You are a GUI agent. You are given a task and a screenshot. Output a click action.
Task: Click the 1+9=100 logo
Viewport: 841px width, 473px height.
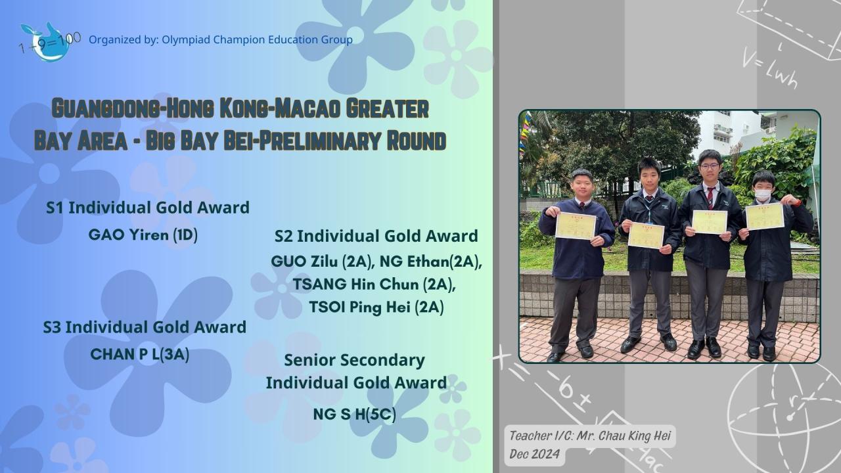pyautogui.click(x=49, y=42)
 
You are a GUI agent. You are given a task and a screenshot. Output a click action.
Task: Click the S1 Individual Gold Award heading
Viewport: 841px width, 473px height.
pyautogui.click(x=148, y=208)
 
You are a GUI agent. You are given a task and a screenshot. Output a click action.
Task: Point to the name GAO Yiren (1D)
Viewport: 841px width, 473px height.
pyautogui.click(x=143, y=235)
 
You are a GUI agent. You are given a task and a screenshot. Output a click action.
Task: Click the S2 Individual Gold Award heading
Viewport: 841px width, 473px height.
pyautogui.click(x=376, y=236)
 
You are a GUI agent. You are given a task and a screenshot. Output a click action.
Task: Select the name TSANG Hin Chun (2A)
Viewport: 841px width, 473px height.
pyautogui.click(x=375, y=284)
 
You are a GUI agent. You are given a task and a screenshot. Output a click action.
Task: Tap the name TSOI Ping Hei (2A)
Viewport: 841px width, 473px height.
pyautogui.click(x=376, y=307)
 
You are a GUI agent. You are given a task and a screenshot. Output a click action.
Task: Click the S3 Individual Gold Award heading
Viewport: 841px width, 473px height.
pyautogui.click(x=145, y=327)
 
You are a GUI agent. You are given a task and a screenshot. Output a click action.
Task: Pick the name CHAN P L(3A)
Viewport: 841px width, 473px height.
pyautogui.click(x=140, y=354)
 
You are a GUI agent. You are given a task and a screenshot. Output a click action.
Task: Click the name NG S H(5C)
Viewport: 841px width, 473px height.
pyautogui.click(x=354, y=415)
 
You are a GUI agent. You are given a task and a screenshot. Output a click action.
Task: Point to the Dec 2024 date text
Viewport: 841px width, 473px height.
pyautogui.click(x=534, y=454)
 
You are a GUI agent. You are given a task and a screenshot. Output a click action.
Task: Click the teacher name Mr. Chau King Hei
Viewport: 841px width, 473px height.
pyautogui.click(x=624, y=436)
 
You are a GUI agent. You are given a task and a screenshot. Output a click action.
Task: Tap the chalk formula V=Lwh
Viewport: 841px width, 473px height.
pyautogui.click(x=769, y=69)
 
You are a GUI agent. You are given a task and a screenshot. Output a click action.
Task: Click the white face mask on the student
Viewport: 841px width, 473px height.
pyautogui.click(x=763, y=195)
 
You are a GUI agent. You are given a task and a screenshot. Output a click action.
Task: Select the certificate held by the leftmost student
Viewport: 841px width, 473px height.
pyautogui.click(x=576, y=226)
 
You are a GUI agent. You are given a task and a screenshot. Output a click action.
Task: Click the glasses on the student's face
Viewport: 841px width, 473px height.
pyautogui.click(x=709, y=166)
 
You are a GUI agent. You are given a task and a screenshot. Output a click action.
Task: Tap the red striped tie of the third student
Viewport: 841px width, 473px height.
pyautogui.click(x=710, y=198)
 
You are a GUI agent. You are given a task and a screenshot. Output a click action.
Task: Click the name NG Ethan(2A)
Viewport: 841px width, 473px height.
pyautogui.click(x=430, y=261)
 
